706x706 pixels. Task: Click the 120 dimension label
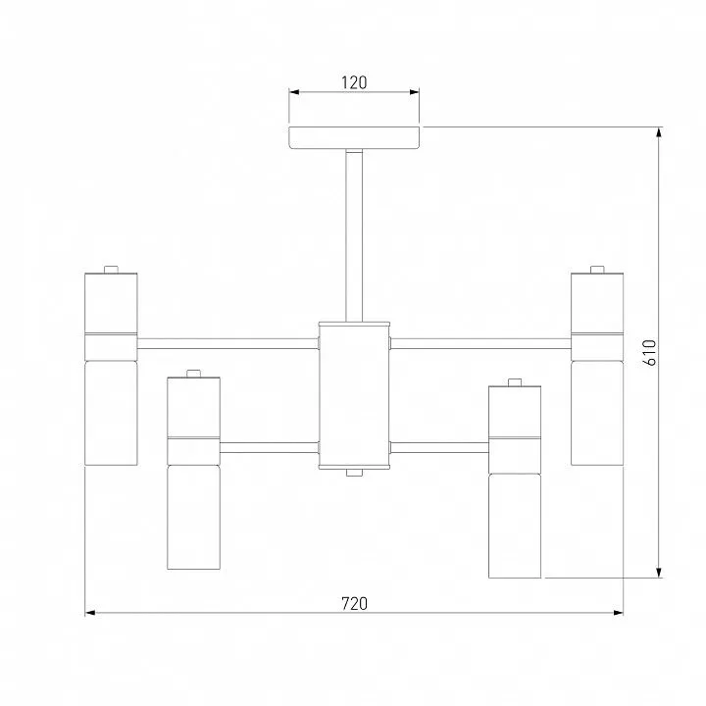coord(354,82)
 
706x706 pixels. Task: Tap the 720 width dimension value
coord(354,603)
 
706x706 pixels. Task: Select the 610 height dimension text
coord(651,353)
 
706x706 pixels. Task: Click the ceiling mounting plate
coord(354,138)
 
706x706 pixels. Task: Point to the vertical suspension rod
coord(354,236)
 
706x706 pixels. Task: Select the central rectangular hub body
coord(354,395)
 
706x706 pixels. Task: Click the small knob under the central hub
coord(354,473)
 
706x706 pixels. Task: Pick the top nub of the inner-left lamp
coord(193,374)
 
